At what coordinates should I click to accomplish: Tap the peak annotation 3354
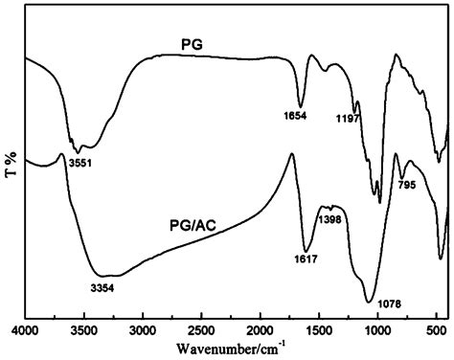click(x=101, y=287)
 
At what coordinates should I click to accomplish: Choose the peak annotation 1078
click(x=388, y=304)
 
